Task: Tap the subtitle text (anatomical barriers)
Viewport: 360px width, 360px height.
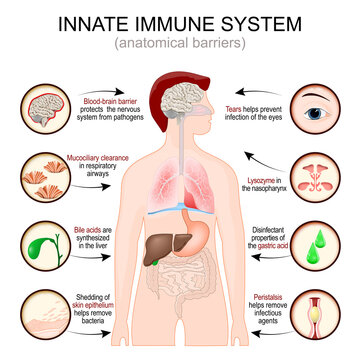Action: click(179, 43)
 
